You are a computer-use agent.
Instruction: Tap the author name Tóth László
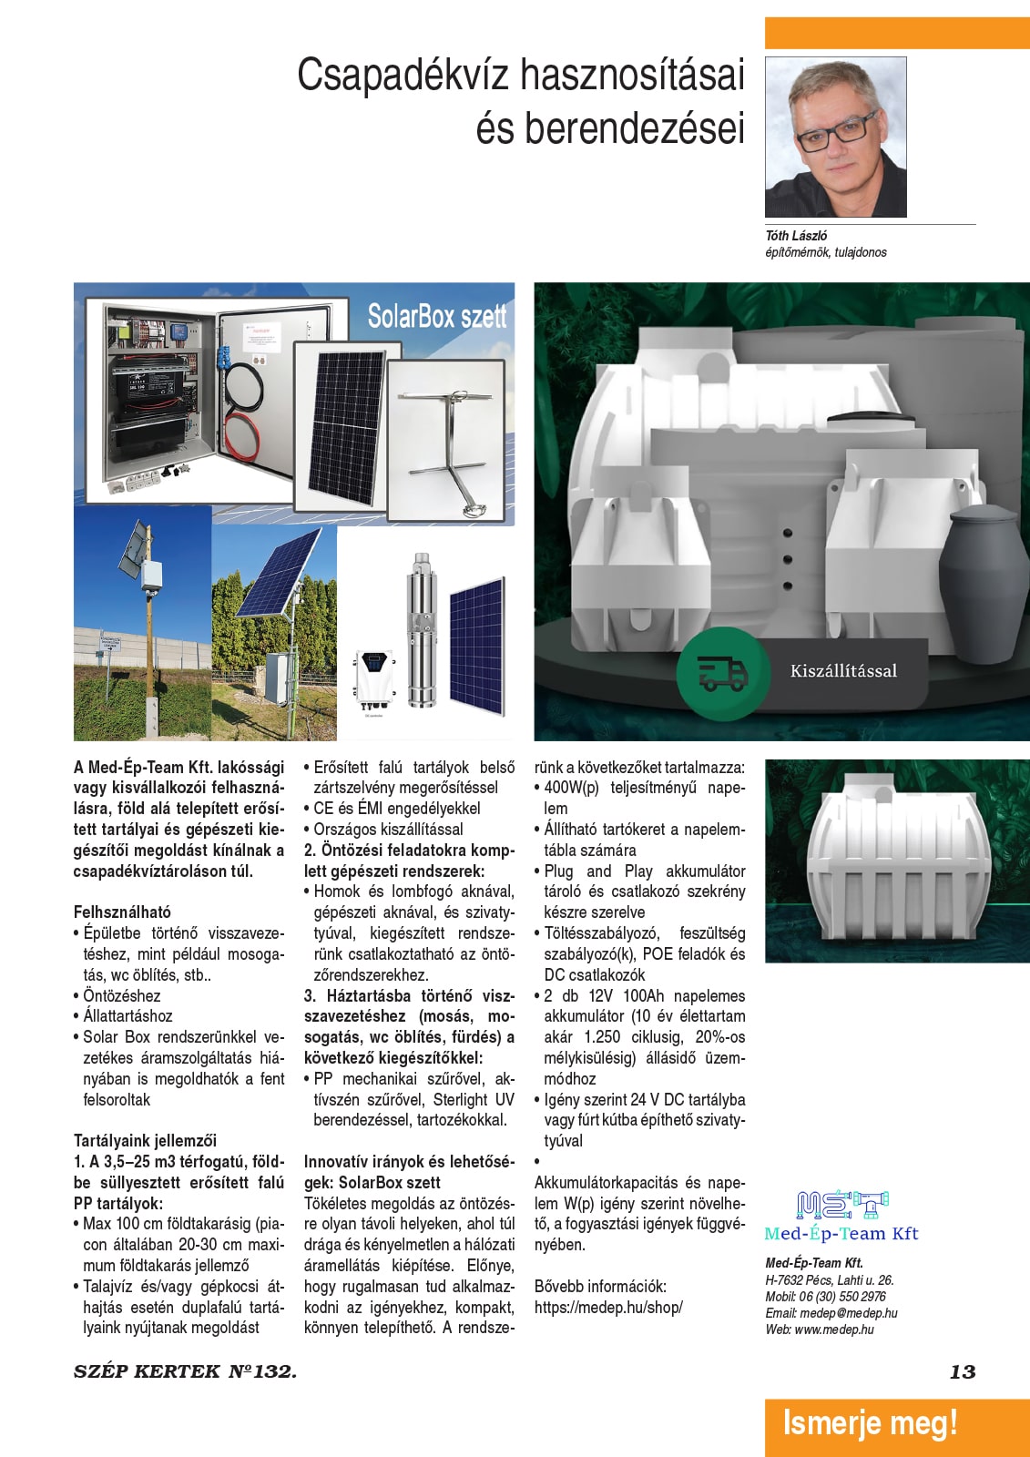click(x=796, y=235)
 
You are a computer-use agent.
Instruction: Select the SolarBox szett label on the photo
click(x=436, y=316)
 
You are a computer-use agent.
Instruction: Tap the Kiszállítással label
click(x=843, y=671)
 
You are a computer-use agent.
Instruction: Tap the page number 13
click(x=962, y=1371)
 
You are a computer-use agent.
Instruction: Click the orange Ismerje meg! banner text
click(x=870, y=1422)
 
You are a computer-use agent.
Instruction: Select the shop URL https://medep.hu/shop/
click(x=608, y=1307)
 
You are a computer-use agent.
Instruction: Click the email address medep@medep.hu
click(x=848, y=1313)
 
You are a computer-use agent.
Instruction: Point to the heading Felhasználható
click(x=122, y=912)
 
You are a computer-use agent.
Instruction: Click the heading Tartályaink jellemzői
click(x=145, y=1140)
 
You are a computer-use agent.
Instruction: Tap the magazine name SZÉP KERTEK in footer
click(x=147, y=1371)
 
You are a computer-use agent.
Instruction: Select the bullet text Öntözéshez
click(x=121, y=995)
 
